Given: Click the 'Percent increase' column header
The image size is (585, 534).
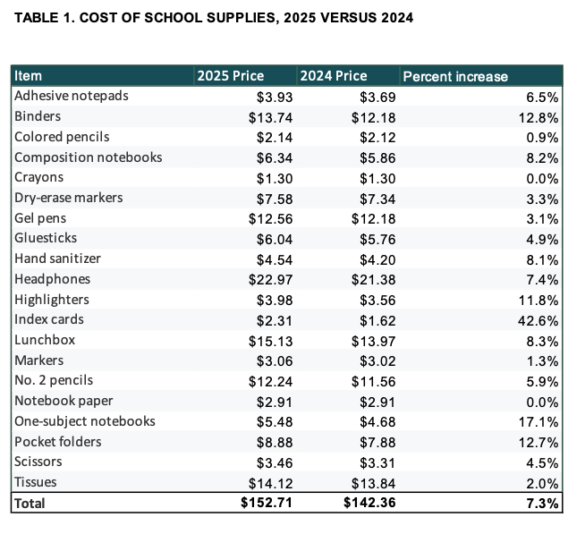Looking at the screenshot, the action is pos(455,77).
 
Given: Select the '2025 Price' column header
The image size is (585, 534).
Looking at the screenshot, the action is pos(231,76).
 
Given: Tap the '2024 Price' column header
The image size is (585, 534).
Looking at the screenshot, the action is pos(334,76).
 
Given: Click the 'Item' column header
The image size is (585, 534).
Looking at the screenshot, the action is pos(28,76).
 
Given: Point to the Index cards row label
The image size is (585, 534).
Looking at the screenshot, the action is pos(49,319).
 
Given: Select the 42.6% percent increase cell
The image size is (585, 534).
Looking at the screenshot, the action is pos(538,321).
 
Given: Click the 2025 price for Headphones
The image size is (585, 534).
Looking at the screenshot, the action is pos(270,280).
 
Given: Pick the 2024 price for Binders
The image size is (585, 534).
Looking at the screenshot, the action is pos(374,118).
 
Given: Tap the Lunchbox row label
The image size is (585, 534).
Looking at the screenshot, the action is pos(45,340).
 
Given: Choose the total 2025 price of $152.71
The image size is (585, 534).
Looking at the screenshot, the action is pos(267,503).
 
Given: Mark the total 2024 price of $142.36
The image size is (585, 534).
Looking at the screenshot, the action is pos(369,503).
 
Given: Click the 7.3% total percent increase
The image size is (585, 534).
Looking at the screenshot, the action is pos(542,504).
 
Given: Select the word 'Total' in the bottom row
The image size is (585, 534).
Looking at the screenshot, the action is pos(30,504).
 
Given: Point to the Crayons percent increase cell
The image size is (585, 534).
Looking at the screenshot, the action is pos(542,179).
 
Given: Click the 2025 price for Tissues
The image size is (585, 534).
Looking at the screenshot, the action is pos(270,484).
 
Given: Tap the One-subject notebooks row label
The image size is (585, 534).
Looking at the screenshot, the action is pos(85,421).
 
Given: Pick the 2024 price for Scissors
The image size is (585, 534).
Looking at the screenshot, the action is pos(377,463).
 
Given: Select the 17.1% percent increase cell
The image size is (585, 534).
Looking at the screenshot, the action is pos(538,422).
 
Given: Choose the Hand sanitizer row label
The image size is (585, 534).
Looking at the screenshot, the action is pos(57,259).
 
